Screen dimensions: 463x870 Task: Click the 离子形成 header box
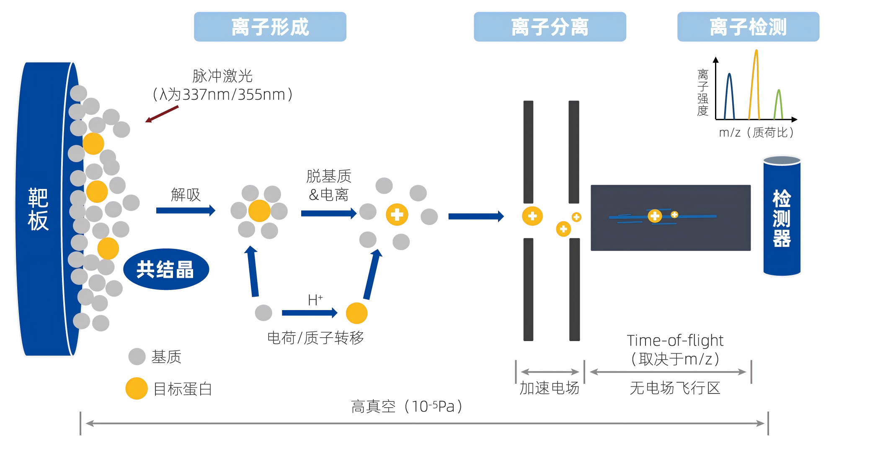tap(270, 27)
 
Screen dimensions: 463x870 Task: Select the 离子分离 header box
tap(550, 27)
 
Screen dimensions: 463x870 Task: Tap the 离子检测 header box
tap(748, 27)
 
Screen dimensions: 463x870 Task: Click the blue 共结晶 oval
tap(166, 269)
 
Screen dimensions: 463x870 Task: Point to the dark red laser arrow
tap(162, 114)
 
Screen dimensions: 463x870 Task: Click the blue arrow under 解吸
tap(186, 210)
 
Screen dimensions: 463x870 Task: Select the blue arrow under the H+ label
tap(309, 313)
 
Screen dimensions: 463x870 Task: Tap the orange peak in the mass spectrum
tap(755, 84)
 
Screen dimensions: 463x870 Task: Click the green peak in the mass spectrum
tap(778, 105)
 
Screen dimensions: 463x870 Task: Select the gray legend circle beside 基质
tap(137, 357)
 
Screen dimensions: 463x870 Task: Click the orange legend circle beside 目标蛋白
tap(137, 388)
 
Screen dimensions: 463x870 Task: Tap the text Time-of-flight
tap(675, 340)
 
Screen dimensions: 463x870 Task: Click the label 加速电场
tap(549, 388)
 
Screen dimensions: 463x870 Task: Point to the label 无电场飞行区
tap(674, 388)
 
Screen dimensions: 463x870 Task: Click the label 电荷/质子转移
tap(315, 338)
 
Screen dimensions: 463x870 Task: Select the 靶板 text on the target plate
tap(38, 210)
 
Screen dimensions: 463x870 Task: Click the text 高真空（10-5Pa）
tap(406, 406)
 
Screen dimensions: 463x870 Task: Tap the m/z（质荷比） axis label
tap(756, 132)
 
